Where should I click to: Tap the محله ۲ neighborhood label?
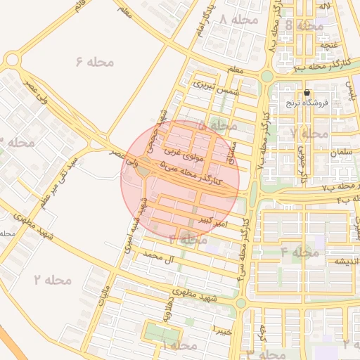[52, 280]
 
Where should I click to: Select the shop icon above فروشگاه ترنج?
[307, 93]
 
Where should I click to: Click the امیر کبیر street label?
[213, 221]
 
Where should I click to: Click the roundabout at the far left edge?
[11, 60]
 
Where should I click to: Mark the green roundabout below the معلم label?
[266, 76]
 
